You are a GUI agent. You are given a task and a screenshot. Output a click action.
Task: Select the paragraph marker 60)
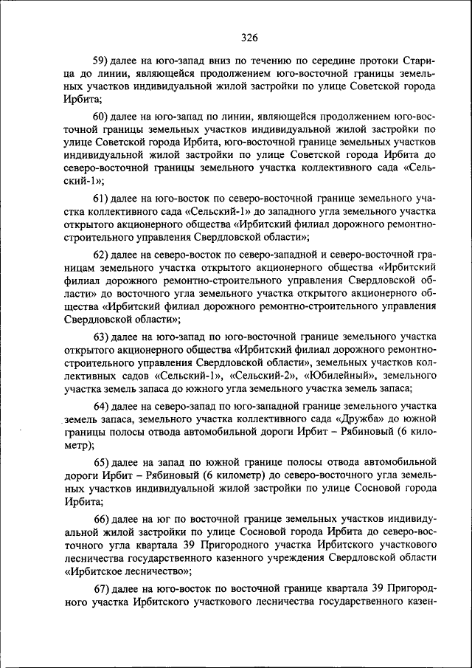(x=102, y=117)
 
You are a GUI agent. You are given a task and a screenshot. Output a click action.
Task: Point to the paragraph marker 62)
(x=102, y=255)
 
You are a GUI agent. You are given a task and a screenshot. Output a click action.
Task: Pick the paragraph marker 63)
(x=102, y=336)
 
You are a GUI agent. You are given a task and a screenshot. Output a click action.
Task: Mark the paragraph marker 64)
(x=102, y=406)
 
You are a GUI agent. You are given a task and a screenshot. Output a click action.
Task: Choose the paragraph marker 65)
(x=102, y=461)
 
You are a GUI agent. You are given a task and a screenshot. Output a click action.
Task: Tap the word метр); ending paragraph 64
(x=80, y=445)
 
